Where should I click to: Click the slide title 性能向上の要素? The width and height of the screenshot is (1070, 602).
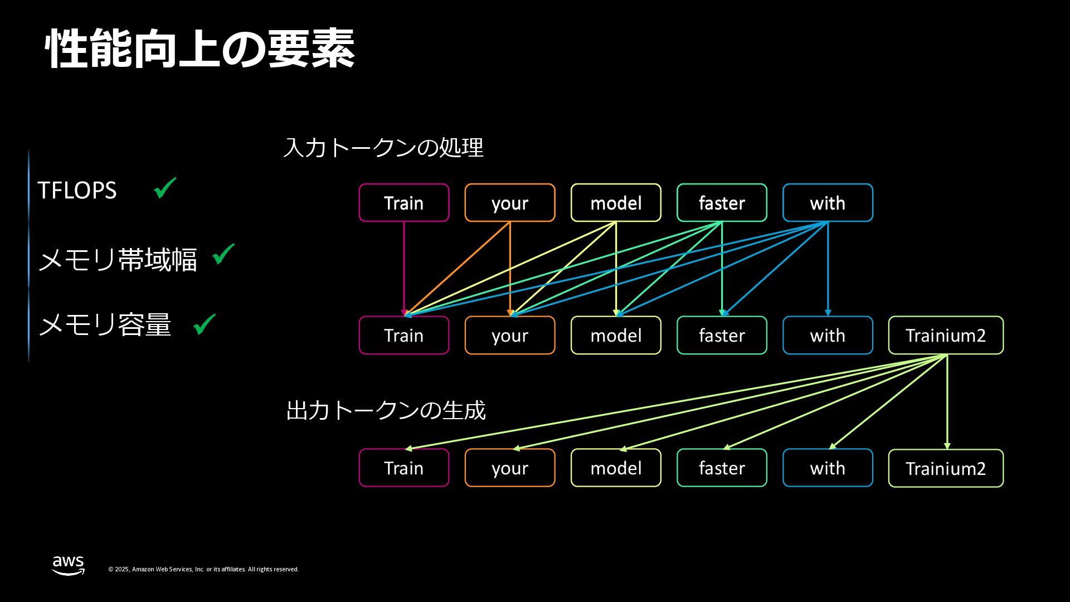(x=200, y=49)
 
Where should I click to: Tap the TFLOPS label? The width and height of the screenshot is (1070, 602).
(x=77, y=191)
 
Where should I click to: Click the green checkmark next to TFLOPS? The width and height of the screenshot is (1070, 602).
(x=165, y=188)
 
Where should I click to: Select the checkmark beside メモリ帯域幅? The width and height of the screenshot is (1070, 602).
(x=223, y=254)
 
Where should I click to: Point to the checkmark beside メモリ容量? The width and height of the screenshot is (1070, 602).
(x=204, y=324)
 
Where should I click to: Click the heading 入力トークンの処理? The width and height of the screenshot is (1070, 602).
(x=383, y=148)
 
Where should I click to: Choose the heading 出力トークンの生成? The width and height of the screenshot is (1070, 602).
(x=386, y=411)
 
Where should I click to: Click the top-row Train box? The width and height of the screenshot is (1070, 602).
(x=404, y=203)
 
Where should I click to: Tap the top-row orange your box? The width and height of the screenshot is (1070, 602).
(x=510, y=203)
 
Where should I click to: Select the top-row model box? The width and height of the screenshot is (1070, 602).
(x=616, y=203)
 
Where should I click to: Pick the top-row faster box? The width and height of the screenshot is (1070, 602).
(x=722, y=203)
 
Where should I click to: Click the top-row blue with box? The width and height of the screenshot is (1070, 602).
(x=828, y=203)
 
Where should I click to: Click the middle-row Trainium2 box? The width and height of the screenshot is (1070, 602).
(x=946, y=336)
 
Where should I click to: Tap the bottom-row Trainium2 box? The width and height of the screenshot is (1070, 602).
(x=946, y=469)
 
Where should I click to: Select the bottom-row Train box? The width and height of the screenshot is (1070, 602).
(x=404, y=468)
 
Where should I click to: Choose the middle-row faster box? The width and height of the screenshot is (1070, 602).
(x=722, y=336)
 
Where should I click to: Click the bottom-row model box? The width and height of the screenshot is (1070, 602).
(x=616, y=468)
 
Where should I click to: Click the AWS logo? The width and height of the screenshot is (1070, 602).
(x=69, y=565)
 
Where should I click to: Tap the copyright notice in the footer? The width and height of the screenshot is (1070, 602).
(x=203, y=569)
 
